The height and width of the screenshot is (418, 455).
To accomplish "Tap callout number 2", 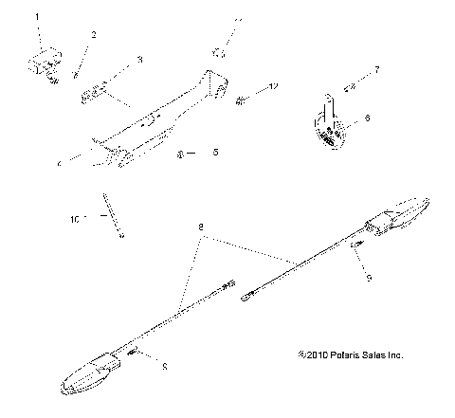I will pyautogui.click(x=93, y=35).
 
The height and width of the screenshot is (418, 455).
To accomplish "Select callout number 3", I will pyautogui.click(x=139, y=60).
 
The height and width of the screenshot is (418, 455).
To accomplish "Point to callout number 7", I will pyautogui.click(x=376, y=71).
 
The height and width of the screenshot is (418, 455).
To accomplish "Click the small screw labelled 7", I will pyautogui.click(x=350, y=86).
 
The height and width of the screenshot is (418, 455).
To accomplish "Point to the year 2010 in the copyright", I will pyautogui.click(x=311, y=355).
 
